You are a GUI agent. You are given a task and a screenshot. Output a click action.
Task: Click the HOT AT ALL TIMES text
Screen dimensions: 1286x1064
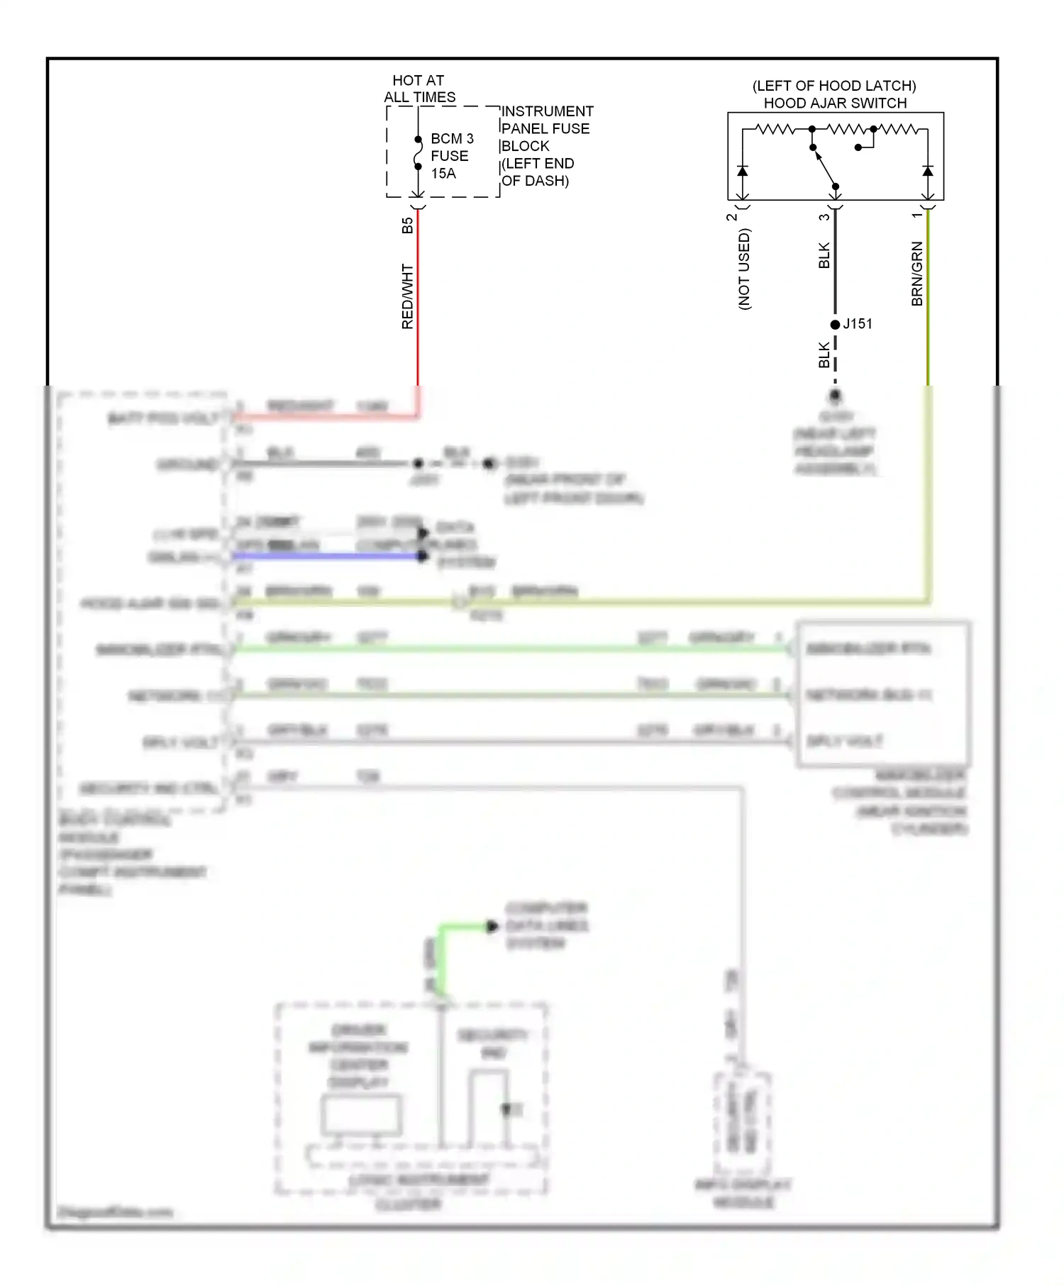point(419,89)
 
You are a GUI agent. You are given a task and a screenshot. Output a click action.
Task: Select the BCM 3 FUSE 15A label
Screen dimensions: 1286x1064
point(452,156)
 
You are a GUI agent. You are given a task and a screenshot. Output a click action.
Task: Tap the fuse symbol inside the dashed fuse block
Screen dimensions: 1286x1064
point(418,153)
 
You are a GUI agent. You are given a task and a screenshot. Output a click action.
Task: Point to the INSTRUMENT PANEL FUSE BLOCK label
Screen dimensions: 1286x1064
point(546,145)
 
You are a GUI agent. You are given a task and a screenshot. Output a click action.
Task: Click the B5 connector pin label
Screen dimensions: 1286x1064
point(407,225)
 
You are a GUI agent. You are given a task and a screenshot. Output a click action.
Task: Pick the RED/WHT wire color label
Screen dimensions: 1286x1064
point(407,296)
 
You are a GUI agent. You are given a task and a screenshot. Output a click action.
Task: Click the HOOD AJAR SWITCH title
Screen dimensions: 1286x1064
point(835,103)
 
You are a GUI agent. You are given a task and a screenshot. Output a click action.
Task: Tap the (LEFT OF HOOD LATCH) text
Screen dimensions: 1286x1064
point(834,86)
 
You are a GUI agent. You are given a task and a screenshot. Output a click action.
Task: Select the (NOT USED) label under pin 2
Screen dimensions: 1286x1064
point(744,269)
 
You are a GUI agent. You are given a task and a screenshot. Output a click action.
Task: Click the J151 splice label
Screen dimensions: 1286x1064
point(858,324)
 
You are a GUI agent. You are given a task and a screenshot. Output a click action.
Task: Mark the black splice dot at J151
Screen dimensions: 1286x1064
point(835,325)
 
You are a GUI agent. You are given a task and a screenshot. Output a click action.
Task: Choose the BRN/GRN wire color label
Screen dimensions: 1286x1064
point(917,274)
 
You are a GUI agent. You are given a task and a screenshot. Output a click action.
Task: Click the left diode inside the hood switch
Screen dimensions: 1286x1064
point(742,171)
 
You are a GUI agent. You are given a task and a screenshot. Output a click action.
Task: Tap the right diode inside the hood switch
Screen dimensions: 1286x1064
point(928,171)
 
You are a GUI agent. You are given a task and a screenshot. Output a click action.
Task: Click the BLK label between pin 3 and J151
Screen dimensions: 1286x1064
point(824,255)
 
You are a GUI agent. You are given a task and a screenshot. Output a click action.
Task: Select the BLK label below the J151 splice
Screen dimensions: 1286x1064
point(824,355)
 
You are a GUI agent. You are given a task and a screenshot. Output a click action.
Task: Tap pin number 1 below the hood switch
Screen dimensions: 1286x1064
point(916,215)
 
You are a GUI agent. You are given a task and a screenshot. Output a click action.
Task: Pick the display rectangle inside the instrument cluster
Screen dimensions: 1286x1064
point(361,1115)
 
